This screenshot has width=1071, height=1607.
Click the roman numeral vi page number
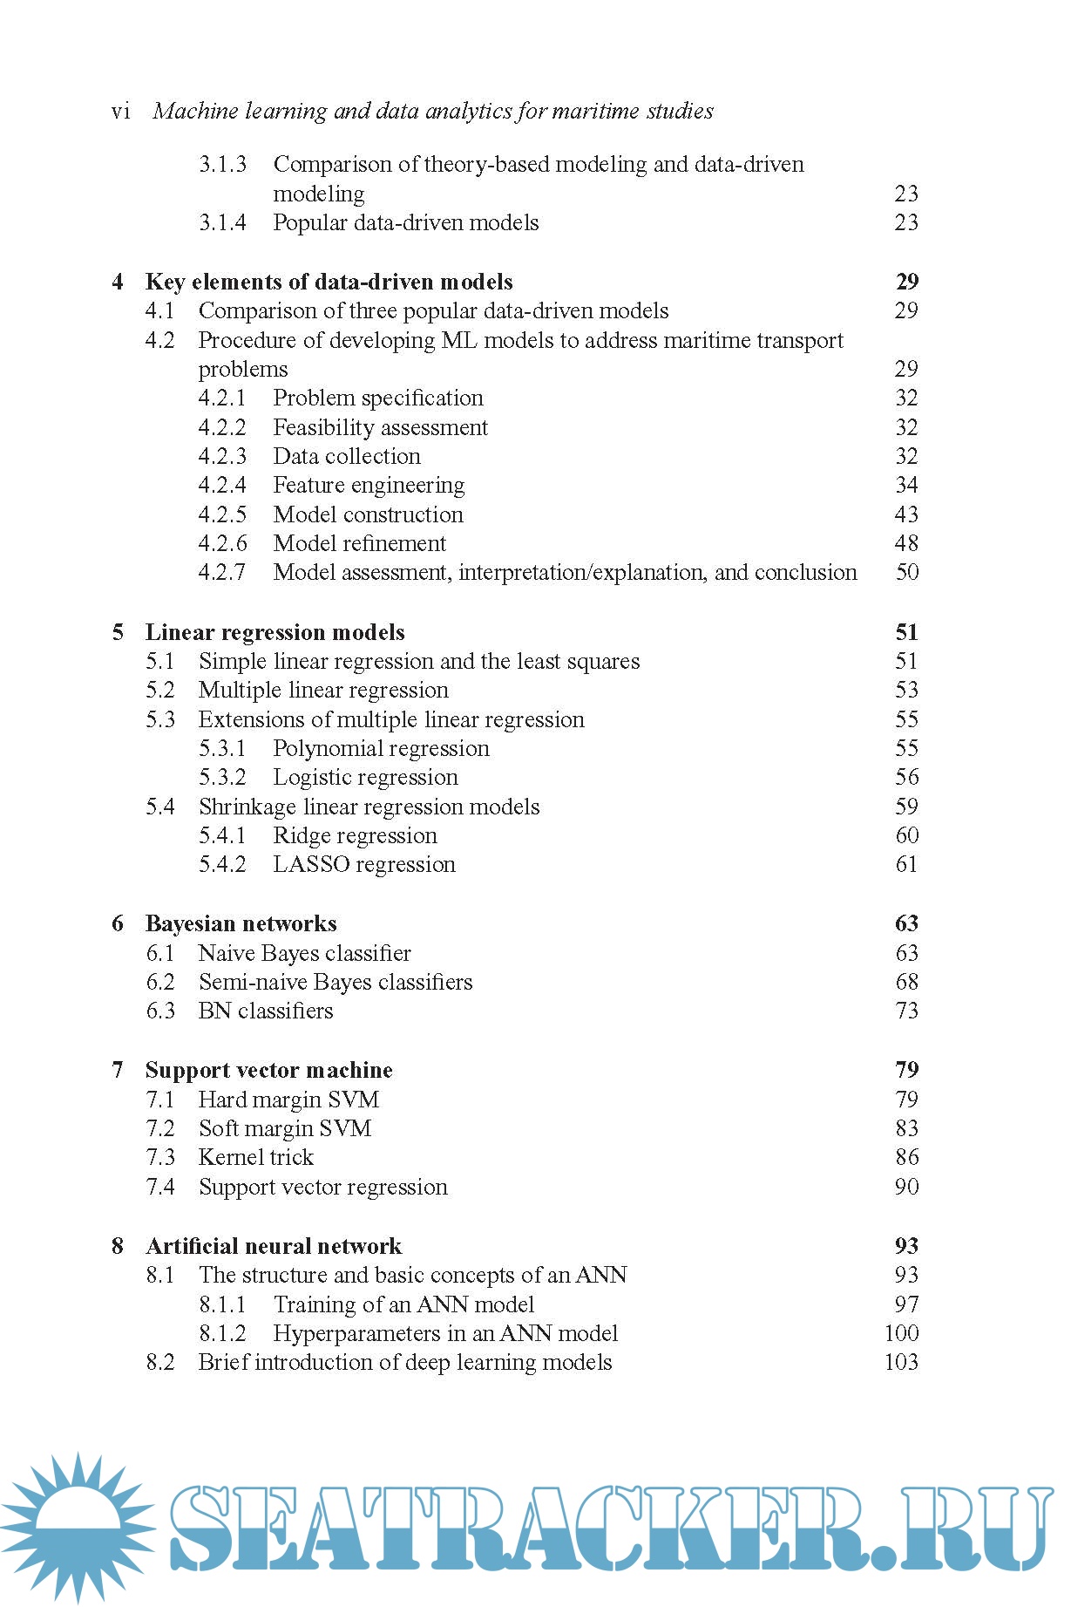point(121,112)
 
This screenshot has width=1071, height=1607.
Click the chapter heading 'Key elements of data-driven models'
point(329,282)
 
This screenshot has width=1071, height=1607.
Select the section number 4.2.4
point(222,485)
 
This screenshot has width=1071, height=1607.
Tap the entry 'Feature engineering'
point(369,485)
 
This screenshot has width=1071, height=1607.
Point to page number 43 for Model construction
point(906,514)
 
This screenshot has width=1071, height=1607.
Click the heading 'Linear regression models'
point(275,632)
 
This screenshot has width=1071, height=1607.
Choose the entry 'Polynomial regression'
point(381,748)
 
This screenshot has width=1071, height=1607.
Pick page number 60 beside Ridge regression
point(906,835)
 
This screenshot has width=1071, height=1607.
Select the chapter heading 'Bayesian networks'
point(241,923)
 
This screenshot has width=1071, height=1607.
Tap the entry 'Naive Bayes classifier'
point(304,953)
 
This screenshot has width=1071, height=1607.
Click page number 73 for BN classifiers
point(906,1011)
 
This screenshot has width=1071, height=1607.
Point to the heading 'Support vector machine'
point(268,1070)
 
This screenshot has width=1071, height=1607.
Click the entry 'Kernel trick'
point(255,1157)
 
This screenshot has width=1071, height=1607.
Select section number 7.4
point(160,1187)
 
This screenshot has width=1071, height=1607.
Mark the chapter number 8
point(118,1246)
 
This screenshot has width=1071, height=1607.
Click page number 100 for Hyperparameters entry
point(901,1333)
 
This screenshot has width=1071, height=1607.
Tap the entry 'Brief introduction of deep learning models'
point(405,1362)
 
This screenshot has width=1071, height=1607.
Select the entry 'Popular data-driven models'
point(405,222)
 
